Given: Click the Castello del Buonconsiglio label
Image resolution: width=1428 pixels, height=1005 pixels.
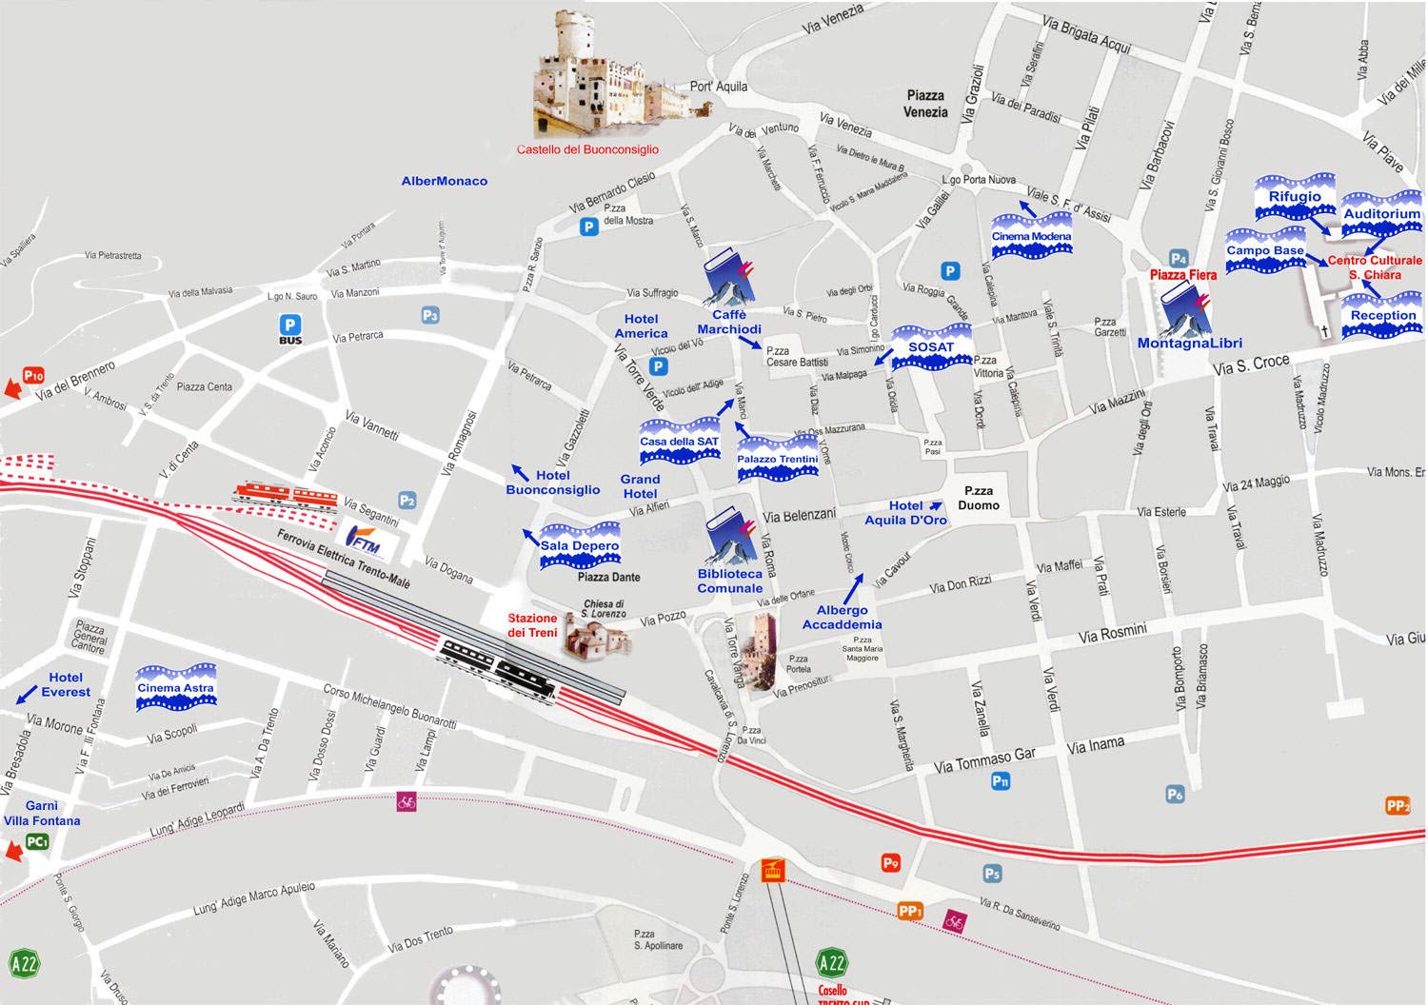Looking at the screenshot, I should point(587,149).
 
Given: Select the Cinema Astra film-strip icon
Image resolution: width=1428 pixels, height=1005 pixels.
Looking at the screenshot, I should point(176,688).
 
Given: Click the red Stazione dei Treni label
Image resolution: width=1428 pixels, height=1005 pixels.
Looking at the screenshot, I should point(532,625).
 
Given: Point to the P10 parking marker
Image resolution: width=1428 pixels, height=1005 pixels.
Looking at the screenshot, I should point(34,375).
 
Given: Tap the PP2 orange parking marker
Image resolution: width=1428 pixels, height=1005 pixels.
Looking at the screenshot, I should point(1397,806).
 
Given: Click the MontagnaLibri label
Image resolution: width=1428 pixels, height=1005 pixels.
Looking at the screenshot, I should point(1189,344).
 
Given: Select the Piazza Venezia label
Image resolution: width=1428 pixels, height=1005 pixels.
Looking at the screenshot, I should point(925,103).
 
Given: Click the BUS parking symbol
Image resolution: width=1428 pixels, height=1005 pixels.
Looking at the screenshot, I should point(289,329).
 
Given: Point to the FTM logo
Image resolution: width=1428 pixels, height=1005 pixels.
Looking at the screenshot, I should point(364,539).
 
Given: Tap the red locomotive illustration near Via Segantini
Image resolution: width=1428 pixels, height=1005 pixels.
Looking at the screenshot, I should point(286,494).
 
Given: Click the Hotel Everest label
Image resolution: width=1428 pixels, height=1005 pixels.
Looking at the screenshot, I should point(66,684).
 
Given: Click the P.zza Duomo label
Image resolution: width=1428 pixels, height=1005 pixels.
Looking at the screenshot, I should point(979,498).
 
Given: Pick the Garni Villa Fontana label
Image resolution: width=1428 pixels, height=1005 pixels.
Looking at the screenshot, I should point(42,813).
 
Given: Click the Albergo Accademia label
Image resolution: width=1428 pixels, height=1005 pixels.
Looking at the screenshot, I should point(842,617).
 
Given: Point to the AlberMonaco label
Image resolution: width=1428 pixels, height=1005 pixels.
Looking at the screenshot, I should point(444,181).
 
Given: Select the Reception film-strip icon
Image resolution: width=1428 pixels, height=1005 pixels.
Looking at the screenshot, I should point(1383,316).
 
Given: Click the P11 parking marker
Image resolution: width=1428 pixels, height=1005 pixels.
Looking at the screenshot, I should point(1000,781).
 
